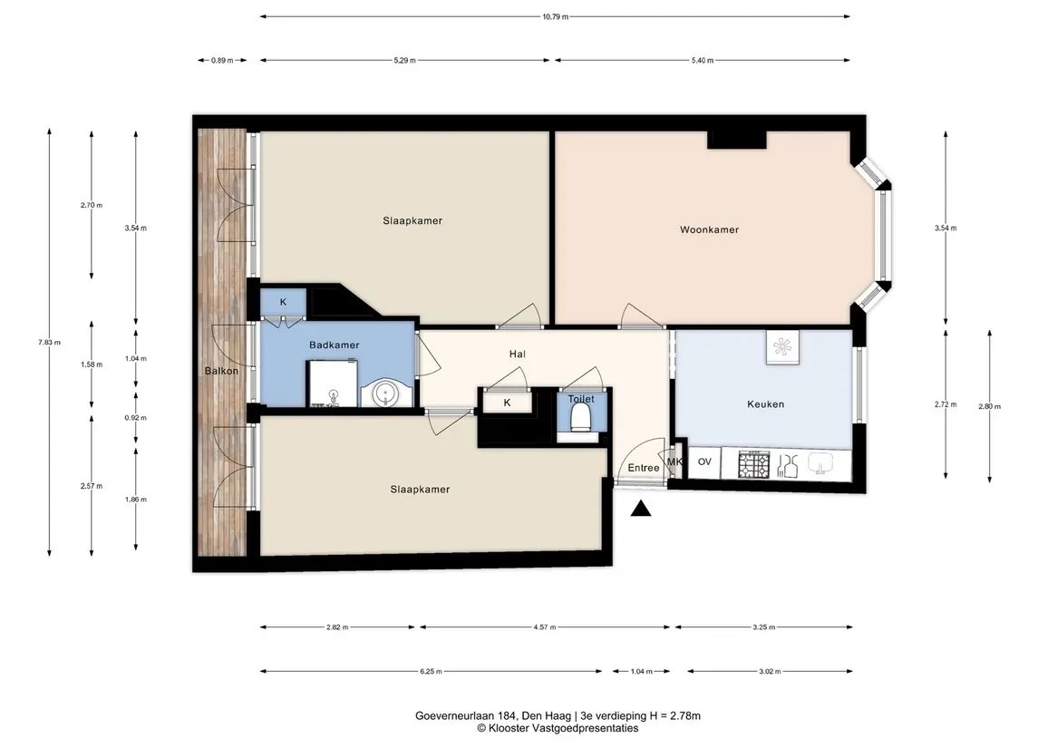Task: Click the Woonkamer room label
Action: pyautogui.click(x=709, y=229)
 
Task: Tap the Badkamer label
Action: pyautogui.click(x=335, y=345)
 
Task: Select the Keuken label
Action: pyautogui.click(x=765, y=403)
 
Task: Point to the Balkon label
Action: pyautogui.click(x=221, y=371)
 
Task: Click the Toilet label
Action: pyautogui.click(x=581, y=399)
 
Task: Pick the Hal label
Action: pyautogui.click(x=517, y=355)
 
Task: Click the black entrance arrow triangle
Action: pyautogui.click(x=641, y=509)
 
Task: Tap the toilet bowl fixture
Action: pyautogui.click(x=580, y=418)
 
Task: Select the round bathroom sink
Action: pyautogui.click(x=384, y=393)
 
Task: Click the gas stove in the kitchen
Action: pyautogui.click(x=754, y=464)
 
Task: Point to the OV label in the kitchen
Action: pyautogui.click(x=704, y=461)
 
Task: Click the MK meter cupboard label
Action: pyautogui.click(x=674, y=462)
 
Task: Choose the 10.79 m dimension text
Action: pyautogui.click(x=556, y=16)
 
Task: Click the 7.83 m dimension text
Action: pyautogui.click(x=49, y=342)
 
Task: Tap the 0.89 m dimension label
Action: pyautogui.click(x=222, y=60)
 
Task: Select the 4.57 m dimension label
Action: pyautogui.click(x=545, y=627)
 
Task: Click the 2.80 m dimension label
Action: pyautogui.click(x=990, y=406)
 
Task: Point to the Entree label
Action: pyautogui.click(x=644, y=468)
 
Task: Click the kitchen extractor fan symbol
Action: pyautogui.click(x=782, y=347)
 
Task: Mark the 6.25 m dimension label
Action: pyautogui.click(x=431, y=671)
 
